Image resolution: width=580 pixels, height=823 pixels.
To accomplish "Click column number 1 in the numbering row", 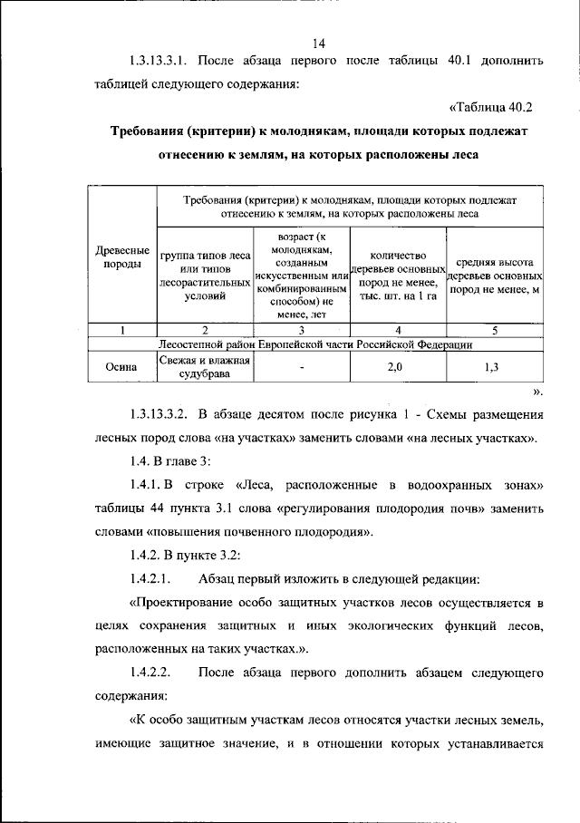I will (122, 330).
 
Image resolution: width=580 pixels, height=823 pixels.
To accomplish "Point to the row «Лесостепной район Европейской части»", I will (314, 344).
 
